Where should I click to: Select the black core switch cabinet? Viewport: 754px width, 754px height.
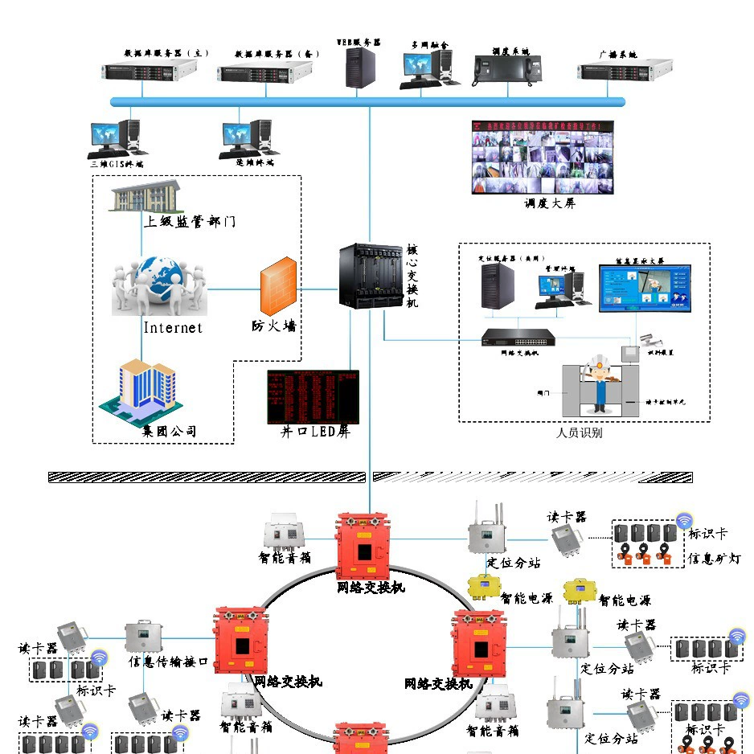[370, 277]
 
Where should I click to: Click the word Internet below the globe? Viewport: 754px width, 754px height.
[173, 328]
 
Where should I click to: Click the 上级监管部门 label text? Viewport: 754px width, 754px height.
[190, 221]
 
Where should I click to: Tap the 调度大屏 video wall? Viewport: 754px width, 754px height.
[542, 158]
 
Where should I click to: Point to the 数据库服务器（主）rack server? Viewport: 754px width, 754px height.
[150, 72]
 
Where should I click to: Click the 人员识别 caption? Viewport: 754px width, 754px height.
[580, 432]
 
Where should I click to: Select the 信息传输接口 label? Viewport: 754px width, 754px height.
[169, 662]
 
